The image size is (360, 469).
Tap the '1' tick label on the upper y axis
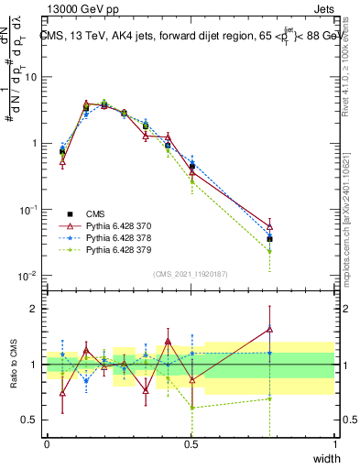[x=35, y=144]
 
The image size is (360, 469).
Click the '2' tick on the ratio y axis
[x=35, y=309]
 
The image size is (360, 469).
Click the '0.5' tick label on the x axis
[x=191, y=444]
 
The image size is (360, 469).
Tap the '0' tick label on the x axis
[x=47, y=444]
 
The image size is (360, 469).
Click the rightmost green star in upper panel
[x=269, y=250]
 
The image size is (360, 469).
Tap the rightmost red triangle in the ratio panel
[x=269, y=330]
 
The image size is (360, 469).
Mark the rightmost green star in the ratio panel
[x=269, y=398]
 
